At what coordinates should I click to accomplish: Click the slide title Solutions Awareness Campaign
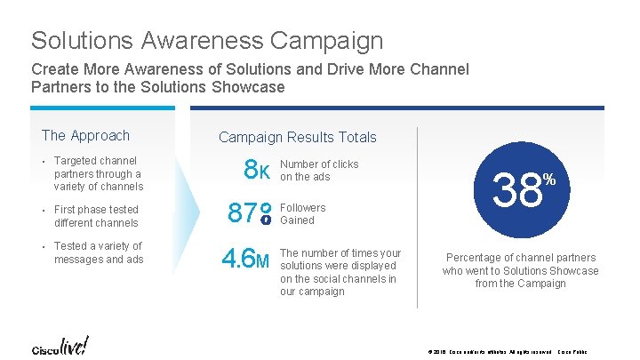(207, 41)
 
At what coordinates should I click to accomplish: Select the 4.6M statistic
(246, 260)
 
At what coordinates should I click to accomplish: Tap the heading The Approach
(85, 136)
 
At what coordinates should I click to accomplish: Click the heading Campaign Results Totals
(297, 138)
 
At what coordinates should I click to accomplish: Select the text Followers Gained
(303, 214)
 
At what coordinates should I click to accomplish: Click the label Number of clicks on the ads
(319, 171)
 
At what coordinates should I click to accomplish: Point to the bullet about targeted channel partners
(98, 173)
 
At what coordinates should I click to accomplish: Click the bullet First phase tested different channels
(96, 216)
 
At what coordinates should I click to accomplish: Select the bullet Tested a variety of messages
(98, 252)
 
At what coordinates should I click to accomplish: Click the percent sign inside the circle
(549, 180)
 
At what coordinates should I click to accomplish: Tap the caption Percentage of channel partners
(521, 270)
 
